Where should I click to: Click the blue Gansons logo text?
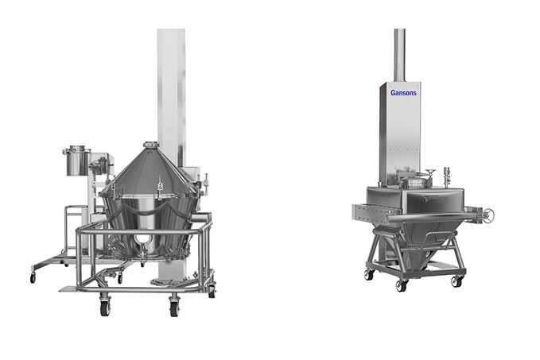pos(403,92)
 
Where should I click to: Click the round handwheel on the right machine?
pos(488,215)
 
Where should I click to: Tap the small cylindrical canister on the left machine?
pos(77,160)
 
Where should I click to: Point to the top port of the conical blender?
pos(151,145)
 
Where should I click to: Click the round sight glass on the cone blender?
pos(141,239)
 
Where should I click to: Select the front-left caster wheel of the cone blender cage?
pos(105,307)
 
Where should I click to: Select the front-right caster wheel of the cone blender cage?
pos(174,308)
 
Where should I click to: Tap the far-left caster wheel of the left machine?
pos(33,277)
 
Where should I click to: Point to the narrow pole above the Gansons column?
pos(399,55)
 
